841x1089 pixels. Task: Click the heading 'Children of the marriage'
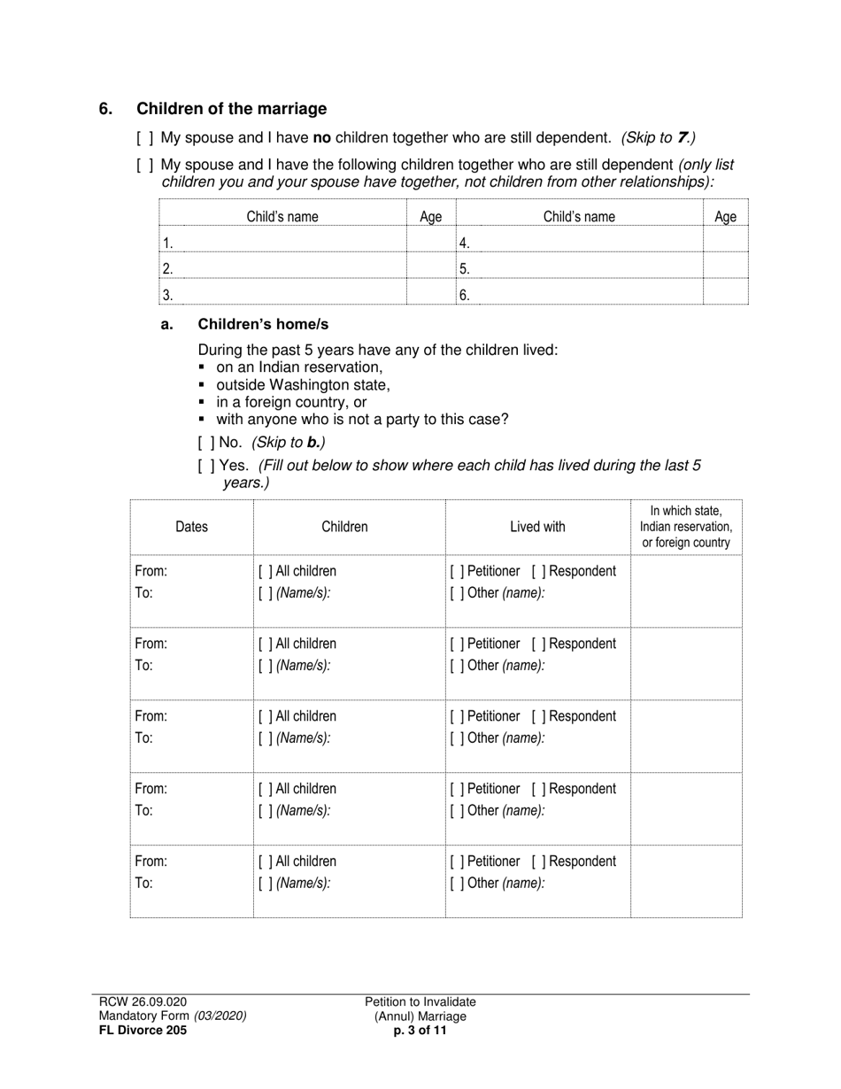(x=231, y=109)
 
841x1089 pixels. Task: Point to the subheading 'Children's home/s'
(x=263, y=324)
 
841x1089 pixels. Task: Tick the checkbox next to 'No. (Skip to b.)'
(x=206, y=442)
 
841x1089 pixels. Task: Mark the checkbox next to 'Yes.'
(x=206, y=466)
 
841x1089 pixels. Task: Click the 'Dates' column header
(x=191, y=527)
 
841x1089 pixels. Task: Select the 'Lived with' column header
(x=537, y=527)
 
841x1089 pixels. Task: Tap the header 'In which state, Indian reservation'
(x=686, y=527)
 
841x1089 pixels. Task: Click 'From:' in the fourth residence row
(x=150, y=789)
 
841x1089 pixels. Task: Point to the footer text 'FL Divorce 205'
(x=143, y=1031)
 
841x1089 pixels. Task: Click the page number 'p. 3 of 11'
(x=420, y=1031)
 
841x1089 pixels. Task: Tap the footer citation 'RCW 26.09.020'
(x=143, y=1001)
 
